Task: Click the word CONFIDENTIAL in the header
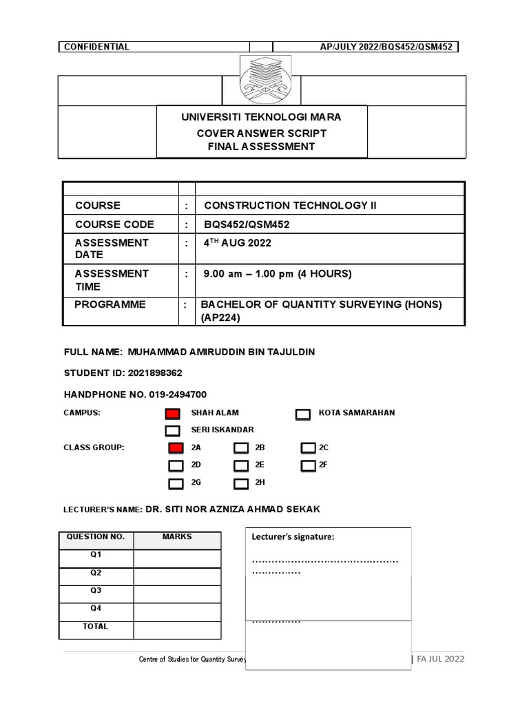[96, 47]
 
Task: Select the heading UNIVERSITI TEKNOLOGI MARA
[261, 117]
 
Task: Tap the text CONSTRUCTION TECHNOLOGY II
[291, 205]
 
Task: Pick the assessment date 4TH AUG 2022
[238, 243]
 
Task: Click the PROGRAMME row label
[110, 304]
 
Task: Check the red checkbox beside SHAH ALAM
[172, 414]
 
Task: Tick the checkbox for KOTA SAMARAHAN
[302, 414]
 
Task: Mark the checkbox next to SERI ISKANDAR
[172, 431]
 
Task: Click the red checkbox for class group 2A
[176, 448]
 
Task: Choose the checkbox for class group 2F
[308, 466]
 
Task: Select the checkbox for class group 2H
[240, 483]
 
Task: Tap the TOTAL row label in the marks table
[96, 627]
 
